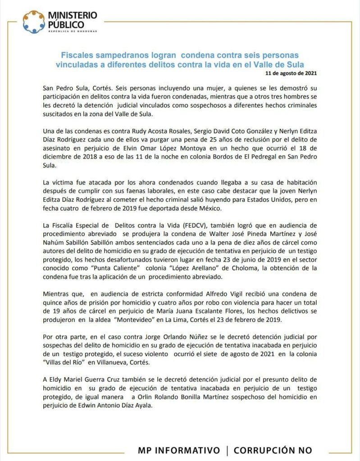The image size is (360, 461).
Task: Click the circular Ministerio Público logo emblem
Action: [x=34, y=22]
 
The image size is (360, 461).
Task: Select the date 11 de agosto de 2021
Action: [x=294, y=72]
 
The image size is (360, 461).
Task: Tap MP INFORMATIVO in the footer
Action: [x=179, y=450]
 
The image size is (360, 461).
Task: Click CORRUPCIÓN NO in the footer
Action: [x=273, y=450]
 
